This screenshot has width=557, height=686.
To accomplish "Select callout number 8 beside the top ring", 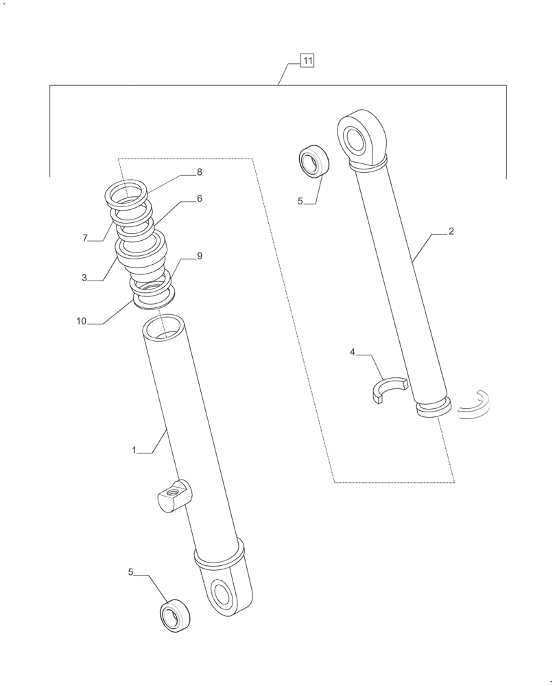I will (199, 172).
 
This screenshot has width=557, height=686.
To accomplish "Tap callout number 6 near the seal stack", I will (199, 199).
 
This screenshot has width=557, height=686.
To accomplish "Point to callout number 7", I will (85, 238).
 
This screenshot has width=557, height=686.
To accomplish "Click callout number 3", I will (84, 278).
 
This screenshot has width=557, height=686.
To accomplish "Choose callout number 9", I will (199, 256).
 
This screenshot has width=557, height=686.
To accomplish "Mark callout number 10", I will (81, 321).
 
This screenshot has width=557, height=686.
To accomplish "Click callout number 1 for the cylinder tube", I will (135, 450).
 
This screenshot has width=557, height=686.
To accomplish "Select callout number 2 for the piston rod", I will (451, 232).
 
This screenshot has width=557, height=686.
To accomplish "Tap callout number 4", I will (353, 352).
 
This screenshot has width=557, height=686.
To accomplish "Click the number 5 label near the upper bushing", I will (300, 202).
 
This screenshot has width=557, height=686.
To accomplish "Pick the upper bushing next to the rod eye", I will (313, 162).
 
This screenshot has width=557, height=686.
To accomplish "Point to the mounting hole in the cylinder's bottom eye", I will (224, 592).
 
